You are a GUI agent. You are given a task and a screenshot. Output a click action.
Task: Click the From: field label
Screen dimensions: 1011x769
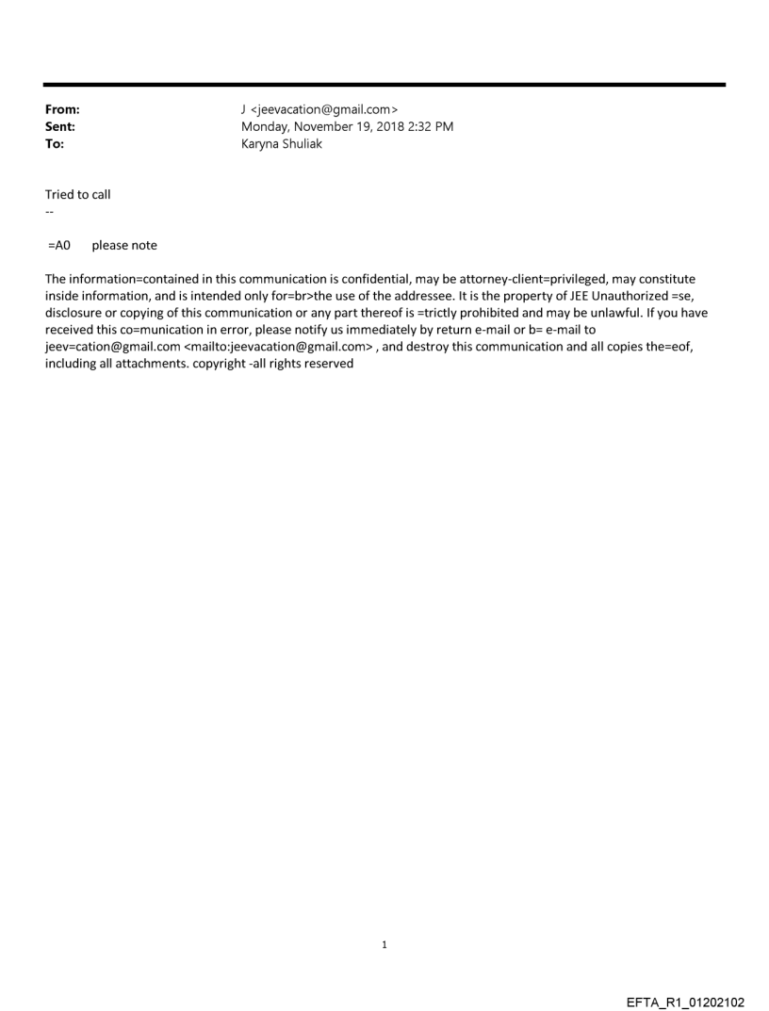(62, 110)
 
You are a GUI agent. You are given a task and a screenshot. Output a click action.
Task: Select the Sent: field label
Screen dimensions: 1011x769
(60, 127)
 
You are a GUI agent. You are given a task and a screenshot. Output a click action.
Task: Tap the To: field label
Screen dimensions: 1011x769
(55, 144)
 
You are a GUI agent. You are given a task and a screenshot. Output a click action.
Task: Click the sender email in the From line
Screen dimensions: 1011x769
(325, 110)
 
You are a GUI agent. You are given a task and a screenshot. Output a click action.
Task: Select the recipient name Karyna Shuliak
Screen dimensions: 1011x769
(282, 144)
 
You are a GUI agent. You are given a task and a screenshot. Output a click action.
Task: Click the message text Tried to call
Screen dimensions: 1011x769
(78, 195)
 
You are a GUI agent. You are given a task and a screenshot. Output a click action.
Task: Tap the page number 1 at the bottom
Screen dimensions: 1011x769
(384, 944)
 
